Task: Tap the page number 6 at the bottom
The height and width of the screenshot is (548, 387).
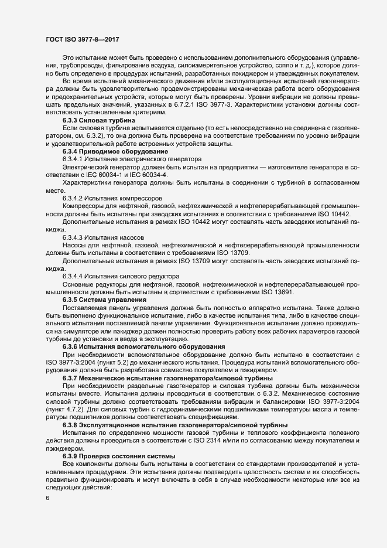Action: click(x=47, y=498)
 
